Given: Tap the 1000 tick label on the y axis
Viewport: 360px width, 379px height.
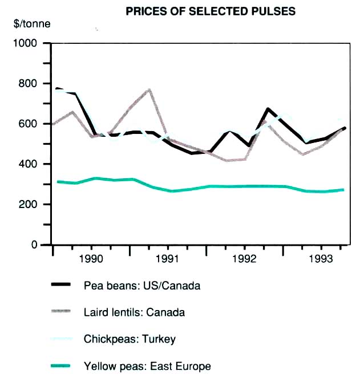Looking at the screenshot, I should coord(26,43).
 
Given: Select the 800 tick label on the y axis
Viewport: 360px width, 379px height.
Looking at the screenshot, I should coord(29,84).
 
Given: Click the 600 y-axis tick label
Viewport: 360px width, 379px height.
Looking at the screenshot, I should coord(29,124).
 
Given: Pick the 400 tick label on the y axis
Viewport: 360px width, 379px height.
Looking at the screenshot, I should coord(29,164).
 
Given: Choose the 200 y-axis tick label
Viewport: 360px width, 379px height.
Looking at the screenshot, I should coord(29,205).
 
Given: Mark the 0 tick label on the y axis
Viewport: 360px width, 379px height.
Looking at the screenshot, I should coord(34,245).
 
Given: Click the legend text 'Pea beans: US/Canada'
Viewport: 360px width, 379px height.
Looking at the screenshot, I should coord(142,286).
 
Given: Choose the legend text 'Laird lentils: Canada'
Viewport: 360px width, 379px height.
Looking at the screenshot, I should coord(134,312).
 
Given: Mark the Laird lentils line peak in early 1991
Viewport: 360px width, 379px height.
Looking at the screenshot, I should coord(149,89).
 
